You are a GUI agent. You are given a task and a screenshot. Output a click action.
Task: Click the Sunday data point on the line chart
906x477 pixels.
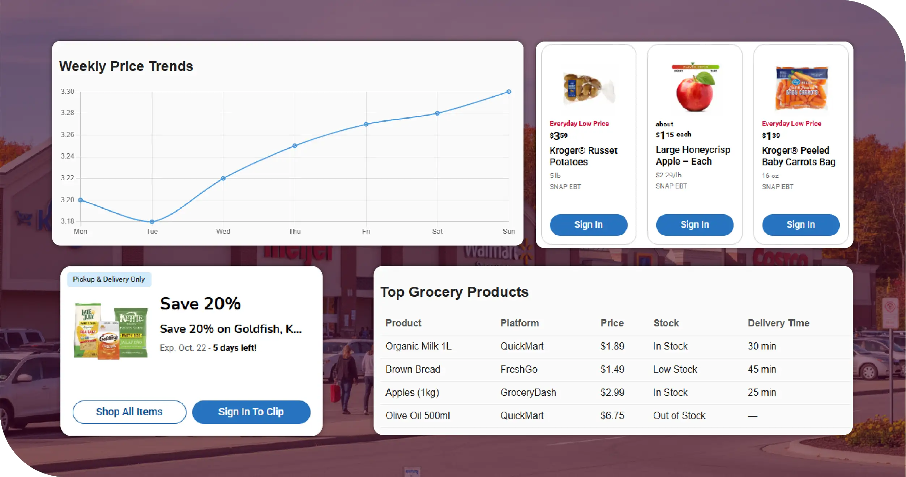(508, 92)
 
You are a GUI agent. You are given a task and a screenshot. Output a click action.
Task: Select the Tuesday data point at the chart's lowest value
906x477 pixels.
(152, 221)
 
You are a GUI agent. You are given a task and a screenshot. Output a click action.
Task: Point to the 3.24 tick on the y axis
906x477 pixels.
(68, 156)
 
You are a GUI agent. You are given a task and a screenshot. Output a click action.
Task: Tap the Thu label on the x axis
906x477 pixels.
(295, 231)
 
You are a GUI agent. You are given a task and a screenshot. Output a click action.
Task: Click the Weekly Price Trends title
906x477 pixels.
(126, 66)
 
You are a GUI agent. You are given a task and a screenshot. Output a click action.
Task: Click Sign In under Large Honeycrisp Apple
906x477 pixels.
(695, 225)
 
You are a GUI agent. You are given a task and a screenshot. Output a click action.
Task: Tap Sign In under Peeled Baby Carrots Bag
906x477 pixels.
(800, 225)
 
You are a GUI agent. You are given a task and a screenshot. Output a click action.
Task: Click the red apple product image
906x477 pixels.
(695, 89)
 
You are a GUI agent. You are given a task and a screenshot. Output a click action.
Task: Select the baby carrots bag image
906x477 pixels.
(801, 88)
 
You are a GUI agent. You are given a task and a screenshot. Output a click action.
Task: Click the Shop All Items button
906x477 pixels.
(129, 412)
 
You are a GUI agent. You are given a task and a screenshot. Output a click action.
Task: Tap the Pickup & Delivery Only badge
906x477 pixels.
(109, 279)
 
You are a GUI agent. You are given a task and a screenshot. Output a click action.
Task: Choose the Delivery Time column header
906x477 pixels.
(778, 323)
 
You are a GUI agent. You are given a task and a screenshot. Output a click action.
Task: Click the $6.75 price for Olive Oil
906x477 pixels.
(612, 415)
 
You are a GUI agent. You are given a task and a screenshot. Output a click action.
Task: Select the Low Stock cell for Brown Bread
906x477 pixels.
(675, 369)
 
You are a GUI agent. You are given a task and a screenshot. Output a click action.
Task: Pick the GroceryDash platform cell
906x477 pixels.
(528, 392)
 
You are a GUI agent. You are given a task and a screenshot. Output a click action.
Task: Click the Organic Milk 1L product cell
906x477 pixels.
(418, 346)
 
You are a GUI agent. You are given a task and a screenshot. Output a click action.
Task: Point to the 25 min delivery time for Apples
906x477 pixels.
(762, 392)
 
